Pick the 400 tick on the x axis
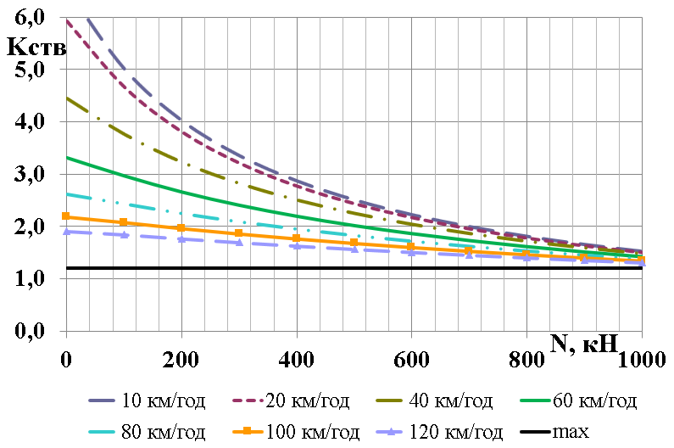coord(296,359)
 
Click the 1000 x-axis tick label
coord(642,359)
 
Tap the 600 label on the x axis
coord(411,359)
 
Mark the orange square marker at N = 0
coord(66,216)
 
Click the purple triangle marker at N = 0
coord(66,231)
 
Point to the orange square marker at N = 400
coord(296,238)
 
